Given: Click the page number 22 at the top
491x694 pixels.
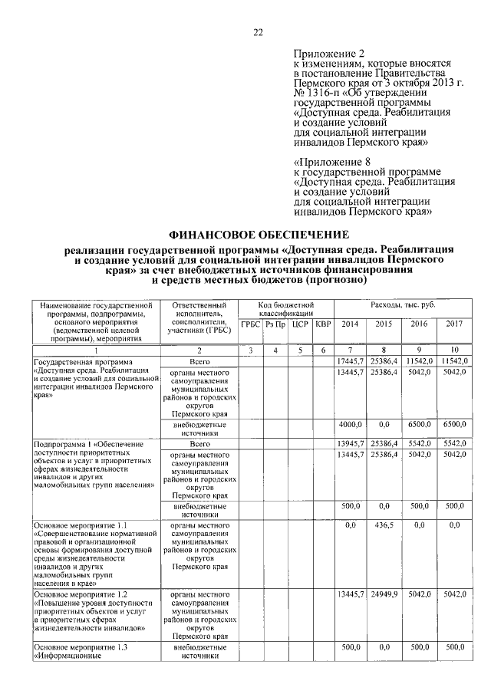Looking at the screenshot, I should tap(258, 32).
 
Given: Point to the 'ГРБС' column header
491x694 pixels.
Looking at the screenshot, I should tap(250, 325).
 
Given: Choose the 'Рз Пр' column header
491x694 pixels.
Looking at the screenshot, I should tap(275, 325).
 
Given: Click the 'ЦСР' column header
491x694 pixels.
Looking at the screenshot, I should tap(300, 325).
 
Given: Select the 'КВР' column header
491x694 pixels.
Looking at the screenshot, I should tap(323, 325).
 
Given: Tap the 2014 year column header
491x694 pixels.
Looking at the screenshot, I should tap(350, 324).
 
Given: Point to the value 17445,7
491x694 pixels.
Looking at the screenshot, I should tap(351, 361).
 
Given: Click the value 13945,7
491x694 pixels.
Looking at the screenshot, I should tap(351, 444).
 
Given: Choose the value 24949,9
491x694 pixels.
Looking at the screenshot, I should tap(384, 594).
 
